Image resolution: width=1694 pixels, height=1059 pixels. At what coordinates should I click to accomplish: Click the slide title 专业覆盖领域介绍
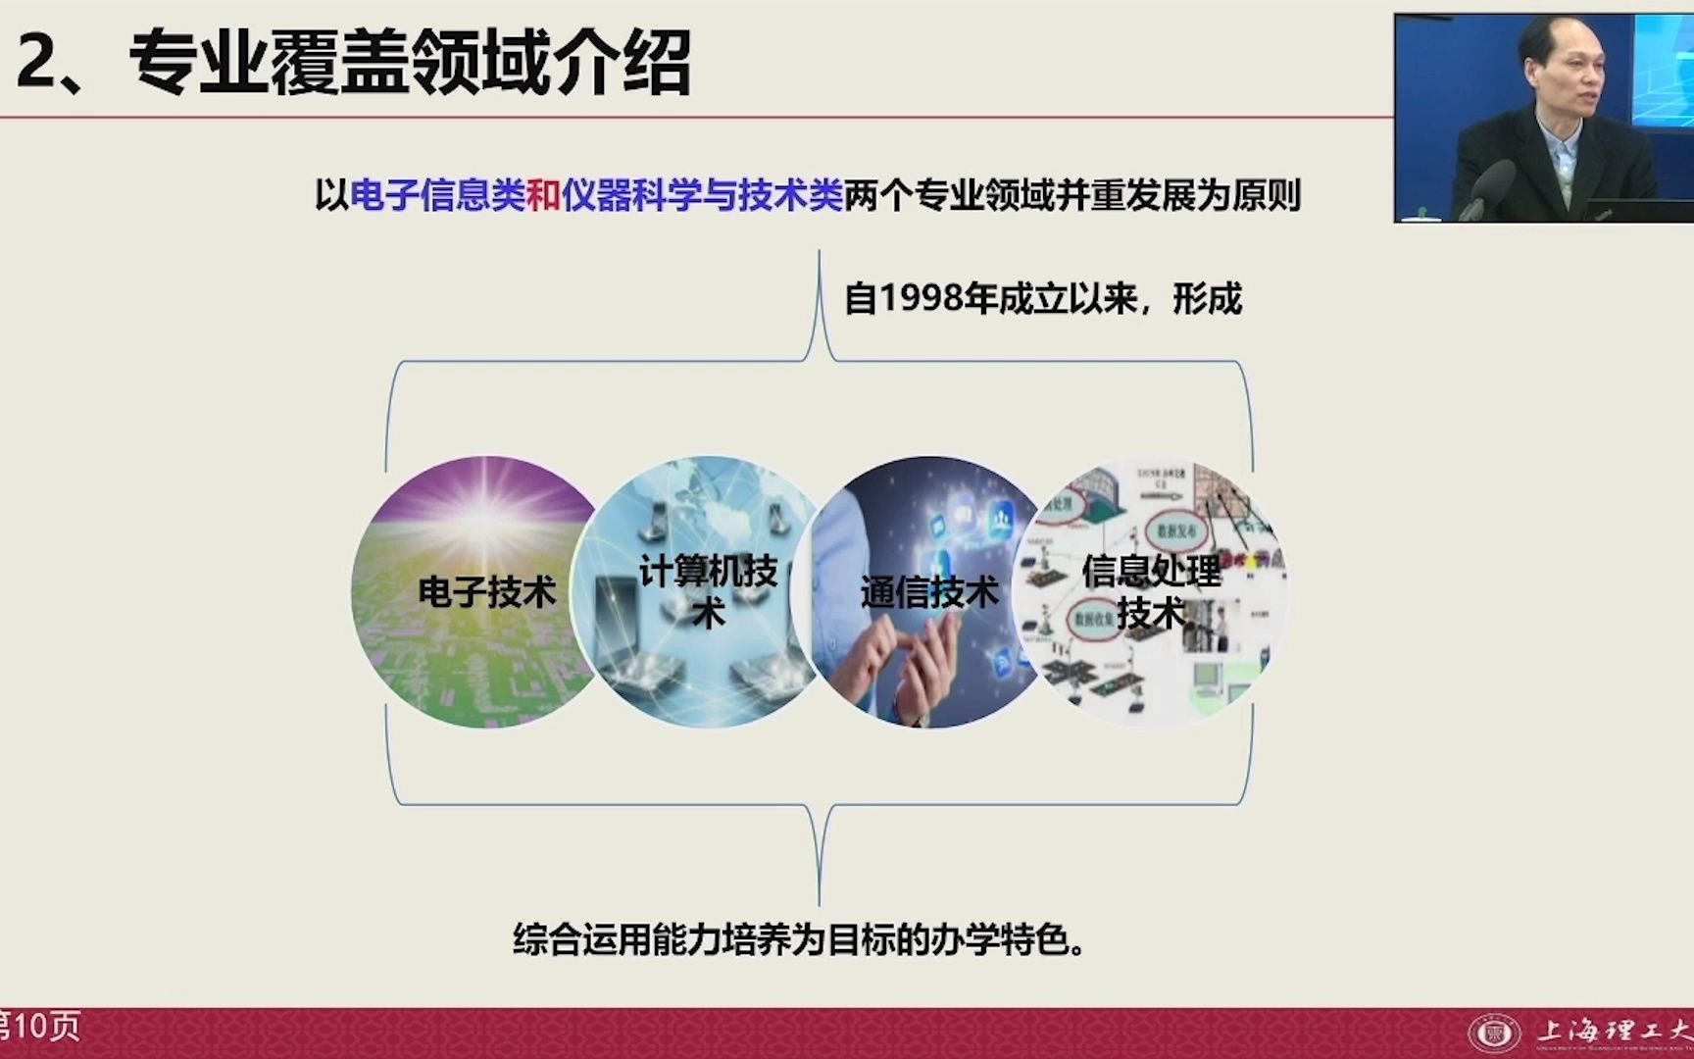click(x=410, y=63)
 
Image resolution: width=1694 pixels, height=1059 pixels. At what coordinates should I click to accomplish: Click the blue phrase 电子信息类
click(x=437, y=196)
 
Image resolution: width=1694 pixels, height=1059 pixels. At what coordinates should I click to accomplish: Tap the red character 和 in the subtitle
click(x=543, y=196)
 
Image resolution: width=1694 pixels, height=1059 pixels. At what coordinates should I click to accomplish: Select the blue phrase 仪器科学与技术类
click(x=702, y=196)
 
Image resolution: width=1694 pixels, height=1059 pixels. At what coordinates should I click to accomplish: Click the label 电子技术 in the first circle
click(x=487, y=592)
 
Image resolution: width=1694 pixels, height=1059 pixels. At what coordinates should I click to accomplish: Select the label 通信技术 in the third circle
click(x=929, y=592)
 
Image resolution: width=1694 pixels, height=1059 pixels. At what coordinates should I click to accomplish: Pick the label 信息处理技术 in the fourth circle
click(x=1151, y=590)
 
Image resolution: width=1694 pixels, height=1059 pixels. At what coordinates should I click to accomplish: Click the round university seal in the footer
click(x=1494, y=1033)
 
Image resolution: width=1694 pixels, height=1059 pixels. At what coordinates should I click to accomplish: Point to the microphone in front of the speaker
click(x=1486, y=186)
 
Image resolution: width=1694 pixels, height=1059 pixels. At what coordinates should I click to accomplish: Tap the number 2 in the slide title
click(x=36, y=63)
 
